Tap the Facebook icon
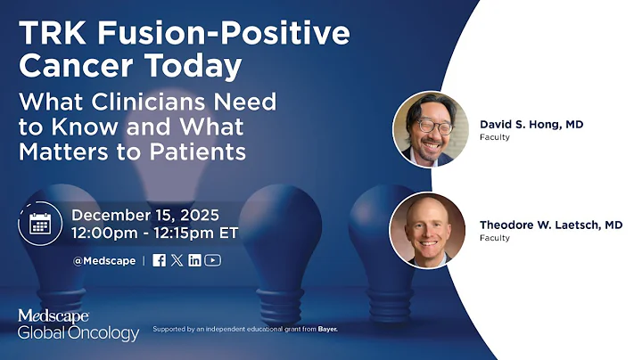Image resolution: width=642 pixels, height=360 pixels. pyautogui.click(x=159, y=260)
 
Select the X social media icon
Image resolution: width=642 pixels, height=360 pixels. pyautogui.click(x=177, y=260)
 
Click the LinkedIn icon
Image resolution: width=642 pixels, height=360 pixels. pyautogui.click(x=194, y=260)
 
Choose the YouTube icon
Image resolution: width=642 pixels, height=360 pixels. pyautogui.click(x=212, y=260)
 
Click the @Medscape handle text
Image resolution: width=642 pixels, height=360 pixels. pyautogui.click(x=105, y=260)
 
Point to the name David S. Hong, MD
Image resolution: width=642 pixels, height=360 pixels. pyautogui.click(x=531, y=124)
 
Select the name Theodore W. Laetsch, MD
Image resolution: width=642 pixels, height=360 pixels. pyautogui.click(x=551, y=225)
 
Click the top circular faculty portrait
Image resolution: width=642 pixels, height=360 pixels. pyautogui.click(x=431, y=129)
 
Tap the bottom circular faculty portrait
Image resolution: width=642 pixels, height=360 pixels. pyautogui.click(x=427, y=230)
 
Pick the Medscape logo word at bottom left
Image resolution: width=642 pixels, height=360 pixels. pyautogui.click(x=53, y=316)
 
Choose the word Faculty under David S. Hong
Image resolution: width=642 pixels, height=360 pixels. pyautogui.click(x=495, y=138)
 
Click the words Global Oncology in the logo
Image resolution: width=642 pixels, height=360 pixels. pyautogui.click(x=78, y=334)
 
